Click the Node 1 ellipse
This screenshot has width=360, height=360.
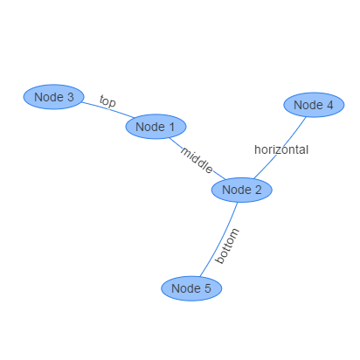click(156, 127)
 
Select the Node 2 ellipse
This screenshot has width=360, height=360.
click(242, 190)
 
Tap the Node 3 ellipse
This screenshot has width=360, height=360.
click(54, 97)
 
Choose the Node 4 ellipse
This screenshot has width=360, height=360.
click(314, 105)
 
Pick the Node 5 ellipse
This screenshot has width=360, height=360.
click(191, 288)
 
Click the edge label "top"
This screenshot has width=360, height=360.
click(107, 101)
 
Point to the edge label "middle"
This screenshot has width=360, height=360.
click(197, 161)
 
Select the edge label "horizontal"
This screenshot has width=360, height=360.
click(281, 149)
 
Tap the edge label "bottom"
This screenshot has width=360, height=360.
click(227, 246)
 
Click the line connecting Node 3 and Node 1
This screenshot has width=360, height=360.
click(108, 109)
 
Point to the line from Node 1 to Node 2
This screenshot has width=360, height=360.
click(197, 159)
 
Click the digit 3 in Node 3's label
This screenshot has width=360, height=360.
click(71, 97)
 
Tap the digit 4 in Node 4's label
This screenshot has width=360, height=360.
click(330, 105)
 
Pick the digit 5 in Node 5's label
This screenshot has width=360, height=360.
click(208, 288)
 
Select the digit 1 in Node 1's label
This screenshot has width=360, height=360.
click(171, 127)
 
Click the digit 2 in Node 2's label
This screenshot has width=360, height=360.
click(258, 190)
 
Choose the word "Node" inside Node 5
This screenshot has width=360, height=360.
click(186, 288)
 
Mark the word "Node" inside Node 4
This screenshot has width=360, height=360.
click(308, 105)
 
